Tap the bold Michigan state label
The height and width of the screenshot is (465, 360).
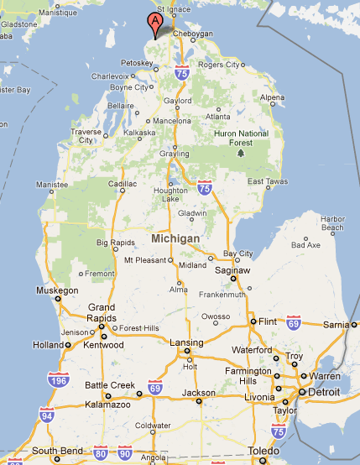[175, 239]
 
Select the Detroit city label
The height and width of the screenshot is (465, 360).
[324, 392]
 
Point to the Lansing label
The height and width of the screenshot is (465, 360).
[185, 342]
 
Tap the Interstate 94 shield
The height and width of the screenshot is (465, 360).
[45, 415]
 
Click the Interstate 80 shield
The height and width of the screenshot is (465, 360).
[101, 453]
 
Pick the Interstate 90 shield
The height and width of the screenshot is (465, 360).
[125, 453]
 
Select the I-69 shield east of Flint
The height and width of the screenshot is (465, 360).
[293, 322]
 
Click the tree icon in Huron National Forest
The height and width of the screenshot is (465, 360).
[241, 153]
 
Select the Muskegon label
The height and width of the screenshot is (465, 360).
[58, 290]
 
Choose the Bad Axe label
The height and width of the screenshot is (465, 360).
[305, 246]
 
